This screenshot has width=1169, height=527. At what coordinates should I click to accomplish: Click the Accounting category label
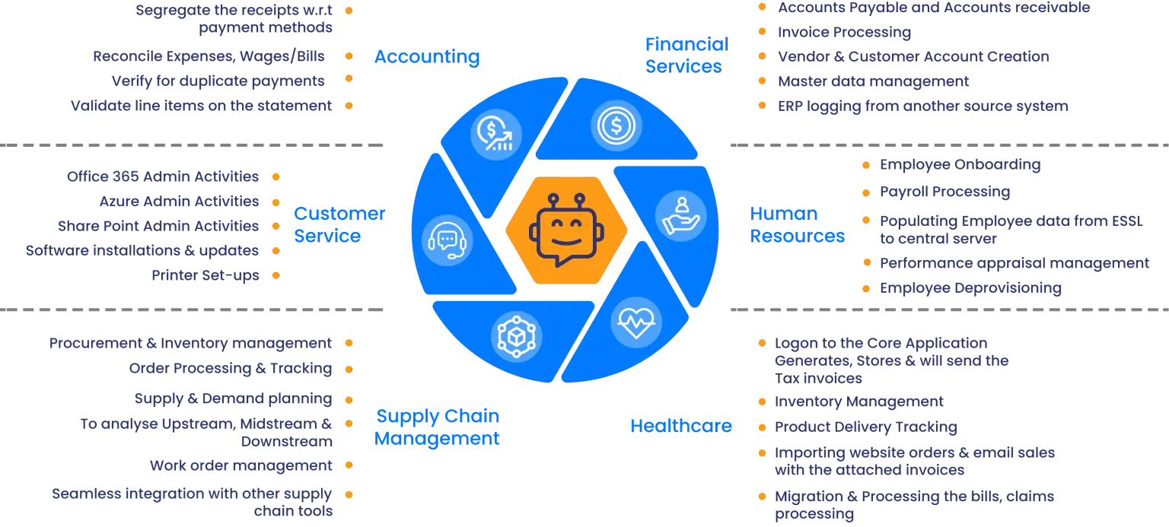[x=426, y=56]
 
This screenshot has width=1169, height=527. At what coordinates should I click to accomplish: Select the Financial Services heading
[x=686, y=55]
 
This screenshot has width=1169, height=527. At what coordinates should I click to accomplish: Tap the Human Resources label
[x=797, y=224]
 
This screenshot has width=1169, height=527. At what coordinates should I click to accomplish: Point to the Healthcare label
[x=680, y=426]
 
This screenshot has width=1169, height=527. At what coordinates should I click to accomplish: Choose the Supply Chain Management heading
[x=438, y=427]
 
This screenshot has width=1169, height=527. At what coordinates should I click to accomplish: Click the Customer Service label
[x=339, y=224]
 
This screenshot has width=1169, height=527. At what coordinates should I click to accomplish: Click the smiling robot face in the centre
[x=566, y=228]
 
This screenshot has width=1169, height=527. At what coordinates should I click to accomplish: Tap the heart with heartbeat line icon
[x=636, y=322]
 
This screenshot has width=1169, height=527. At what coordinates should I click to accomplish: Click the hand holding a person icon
[x=680, y=214]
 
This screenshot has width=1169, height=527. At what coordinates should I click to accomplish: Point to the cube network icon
[x=517, y=334]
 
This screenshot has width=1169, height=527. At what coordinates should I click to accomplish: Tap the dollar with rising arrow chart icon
[x=494, y=135]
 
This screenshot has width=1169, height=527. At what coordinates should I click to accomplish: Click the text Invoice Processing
[x=843, y=33]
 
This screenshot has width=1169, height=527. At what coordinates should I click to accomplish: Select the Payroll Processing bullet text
[x=944, y=192]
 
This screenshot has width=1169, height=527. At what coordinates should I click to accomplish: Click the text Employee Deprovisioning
[x=970, y=288]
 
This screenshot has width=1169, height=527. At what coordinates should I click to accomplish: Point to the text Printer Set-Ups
[x=206, y=275]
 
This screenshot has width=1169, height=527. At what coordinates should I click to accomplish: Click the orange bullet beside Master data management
[x=760, y=81]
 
